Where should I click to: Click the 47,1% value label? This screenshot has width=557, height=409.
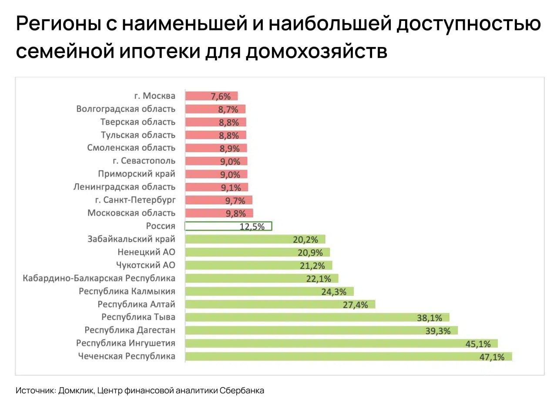492,357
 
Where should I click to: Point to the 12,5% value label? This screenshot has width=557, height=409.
252,227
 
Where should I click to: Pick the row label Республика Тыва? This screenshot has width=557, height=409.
138,317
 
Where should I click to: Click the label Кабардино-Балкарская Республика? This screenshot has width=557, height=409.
99,278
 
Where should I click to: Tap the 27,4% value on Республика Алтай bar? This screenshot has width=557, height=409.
356,305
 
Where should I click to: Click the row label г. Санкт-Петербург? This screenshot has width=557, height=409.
135,200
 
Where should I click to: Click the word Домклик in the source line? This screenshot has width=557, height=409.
76,391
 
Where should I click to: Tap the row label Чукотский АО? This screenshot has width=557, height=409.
146,265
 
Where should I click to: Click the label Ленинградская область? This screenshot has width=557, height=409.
124,187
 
